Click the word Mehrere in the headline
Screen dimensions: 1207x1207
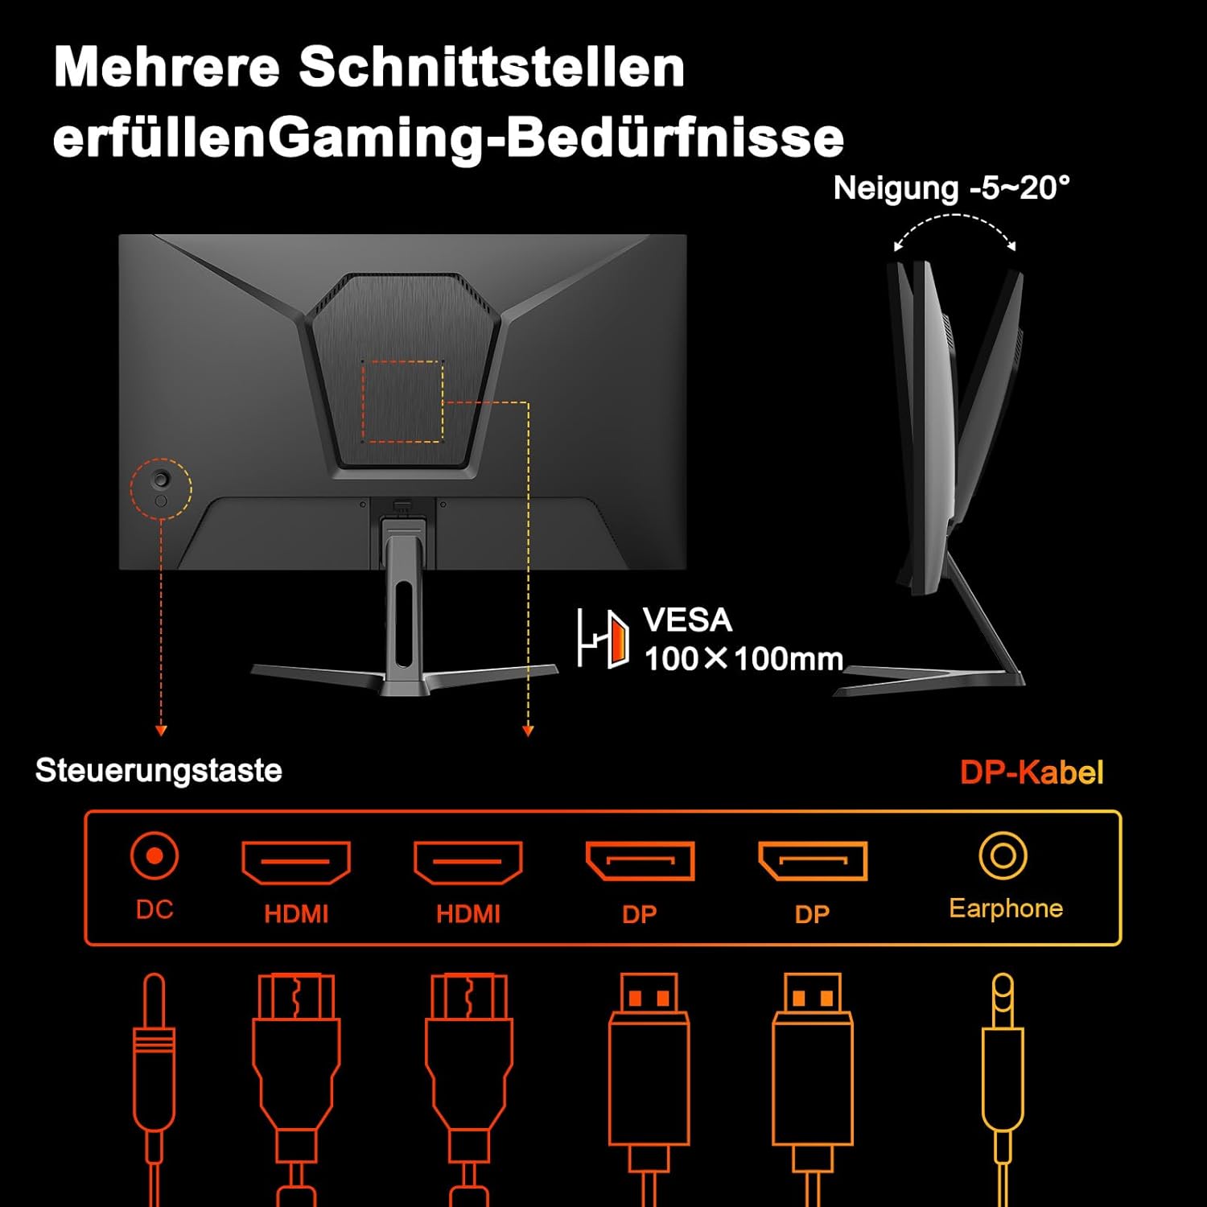[167, 67]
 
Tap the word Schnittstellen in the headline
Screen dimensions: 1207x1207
[492, 67]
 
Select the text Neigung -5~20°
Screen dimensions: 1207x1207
[951, 188]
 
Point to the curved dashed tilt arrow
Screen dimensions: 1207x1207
[955, 216]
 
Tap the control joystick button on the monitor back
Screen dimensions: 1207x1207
[162, 480]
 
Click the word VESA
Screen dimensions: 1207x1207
[687, 620]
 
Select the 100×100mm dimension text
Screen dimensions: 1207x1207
[744, 659]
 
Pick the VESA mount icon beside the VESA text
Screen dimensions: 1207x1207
[603, 640]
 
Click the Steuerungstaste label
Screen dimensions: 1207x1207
[159, 771]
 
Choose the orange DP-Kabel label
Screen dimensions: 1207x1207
[1032, 772]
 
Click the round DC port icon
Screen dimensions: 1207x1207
[154, 855]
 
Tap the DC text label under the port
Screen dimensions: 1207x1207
[154, 909]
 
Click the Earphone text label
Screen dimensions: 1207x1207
[1006, 908]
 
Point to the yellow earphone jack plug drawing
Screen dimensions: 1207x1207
[1003, 1086]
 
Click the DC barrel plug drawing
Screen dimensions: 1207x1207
[154, 1086]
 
